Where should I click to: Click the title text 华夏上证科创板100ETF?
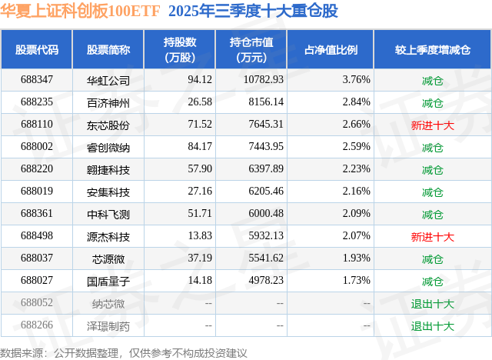click(x=80, y=12)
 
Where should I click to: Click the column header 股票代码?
click(x=37, y=50)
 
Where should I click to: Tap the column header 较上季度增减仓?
click(x=432, y=50)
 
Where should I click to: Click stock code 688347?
click(x=37, y=79)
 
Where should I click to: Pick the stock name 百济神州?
click(x=108, y=102)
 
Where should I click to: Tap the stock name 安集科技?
click(x=108, y=192)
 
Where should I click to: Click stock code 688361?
click(x=37, y=214)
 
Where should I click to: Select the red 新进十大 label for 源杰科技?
click(x=432, y=236)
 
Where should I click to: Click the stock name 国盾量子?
click(x=108, y=281)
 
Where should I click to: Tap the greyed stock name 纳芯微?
click(x=108, y=303)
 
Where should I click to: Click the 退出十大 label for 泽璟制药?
click(x=432, y=325)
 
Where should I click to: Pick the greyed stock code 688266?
click(x=37, y=325)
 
